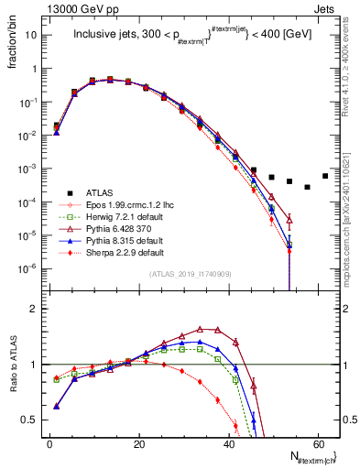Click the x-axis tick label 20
[138, 442]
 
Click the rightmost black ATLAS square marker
[325, 176]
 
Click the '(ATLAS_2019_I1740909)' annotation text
[191, 275]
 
